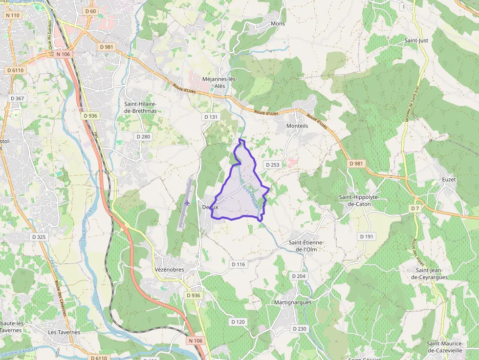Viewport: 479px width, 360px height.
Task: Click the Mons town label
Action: pos(278,23)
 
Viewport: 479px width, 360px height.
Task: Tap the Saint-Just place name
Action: pos(416,41)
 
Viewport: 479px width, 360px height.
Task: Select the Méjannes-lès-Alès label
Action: pos(219,83)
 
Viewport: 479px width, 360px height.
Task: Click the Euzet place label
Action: pos(448,180)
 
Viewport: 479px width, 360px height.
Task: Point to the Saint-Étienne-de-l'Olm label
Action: pos(306,246)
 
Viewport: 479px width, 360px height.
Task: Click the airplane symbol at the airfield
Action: pos(188,202)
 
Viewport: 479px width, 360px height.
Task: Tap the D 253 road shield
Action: pos(272,165)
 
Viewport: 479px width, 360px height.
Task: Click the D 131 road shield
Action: pos(211,117)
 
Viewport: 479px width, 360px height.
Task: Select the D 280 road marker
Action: pos(142,136)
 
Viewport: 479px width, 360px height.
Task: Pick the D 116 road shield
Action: pos(238,264)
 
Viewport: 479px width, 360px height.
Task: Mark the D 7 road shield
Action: pos(415,209)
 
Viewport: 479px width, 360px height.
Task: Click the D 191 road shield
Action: pos(367,236)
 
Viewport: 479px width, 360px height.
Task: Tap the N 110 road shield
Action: pos(13,15)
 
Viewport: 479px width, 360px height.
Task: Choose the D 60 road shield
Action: pos(90,11)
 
